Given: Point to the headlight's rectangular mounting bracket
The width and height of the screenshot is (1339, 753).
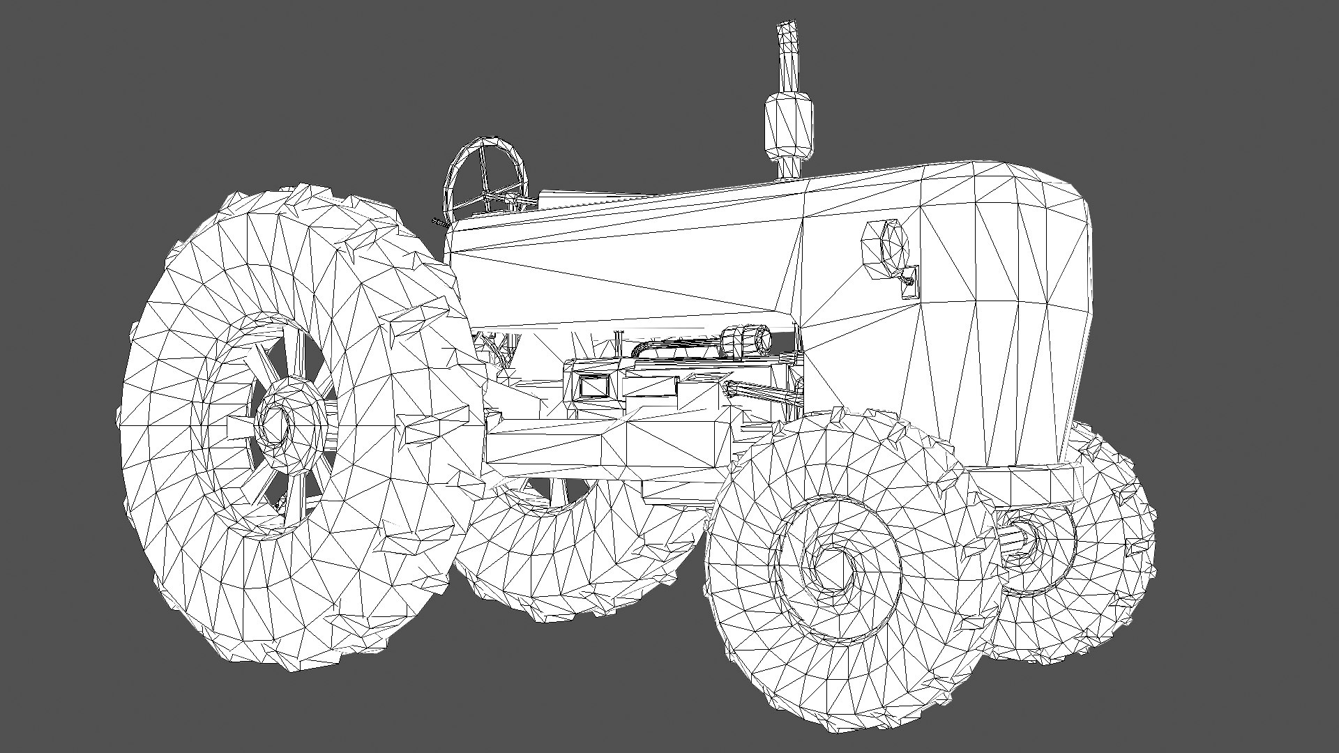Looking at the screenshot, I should pos(909,282).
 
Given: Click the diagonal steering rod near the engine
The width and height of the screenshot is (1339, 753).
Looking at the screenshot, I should pos(764,395).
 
